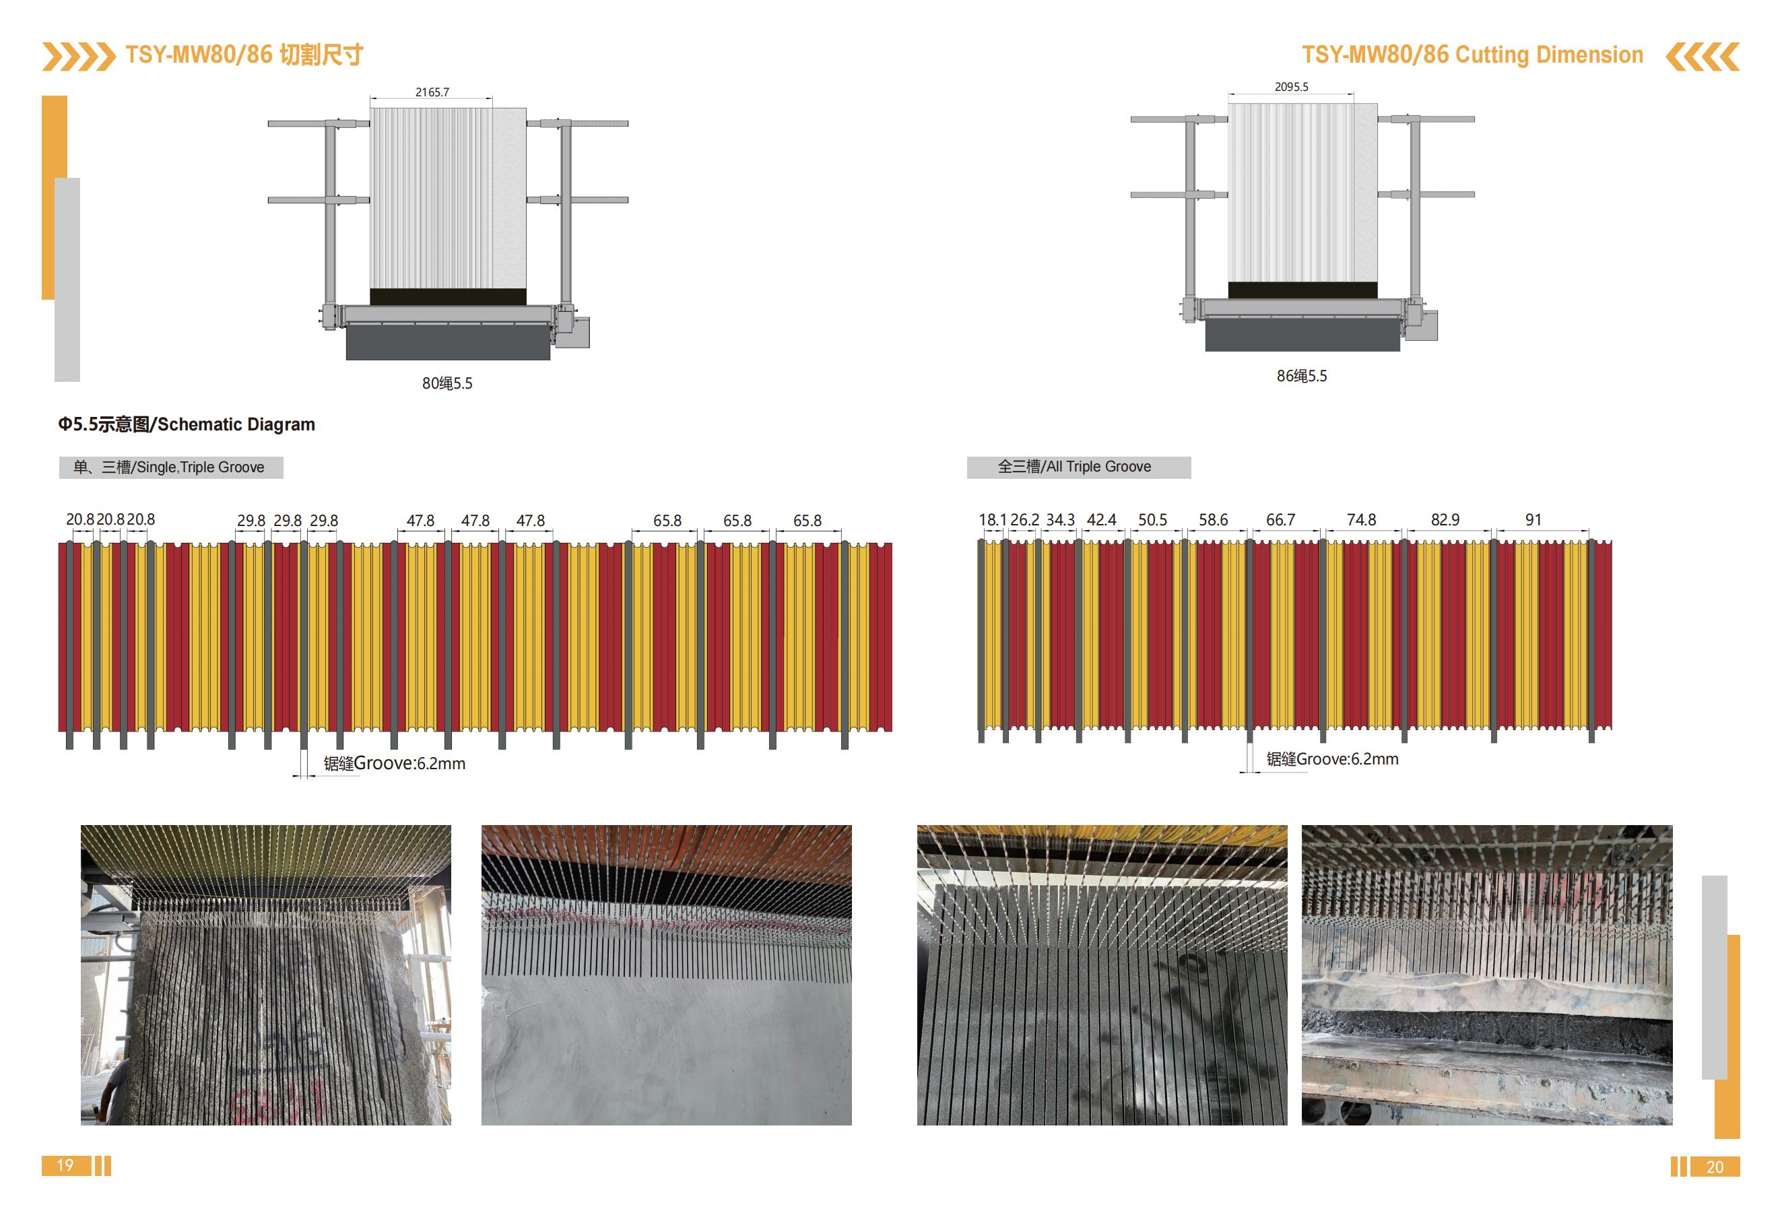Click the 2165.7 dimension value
point(432,92)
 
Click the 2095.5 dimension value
point(1291,87)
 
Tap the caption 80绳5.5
point(447,383)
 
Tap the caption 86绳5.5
point(1301,377)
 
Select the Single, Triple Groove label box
point(171,467)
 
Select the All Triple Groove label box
point(1078,467)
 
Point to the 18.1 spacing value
point(991,520)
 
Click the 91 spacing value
point(1533,520)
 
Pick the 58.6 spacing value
point(1213,520)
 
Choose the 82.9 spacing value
point(1445,520)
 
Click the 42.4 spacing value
point(1101,520)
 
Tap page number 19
point(65,1165)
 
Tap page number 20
point(1715,1167)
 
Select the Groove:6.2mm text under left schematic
point(409,764)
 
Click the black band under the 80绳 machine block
point(448,296)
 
